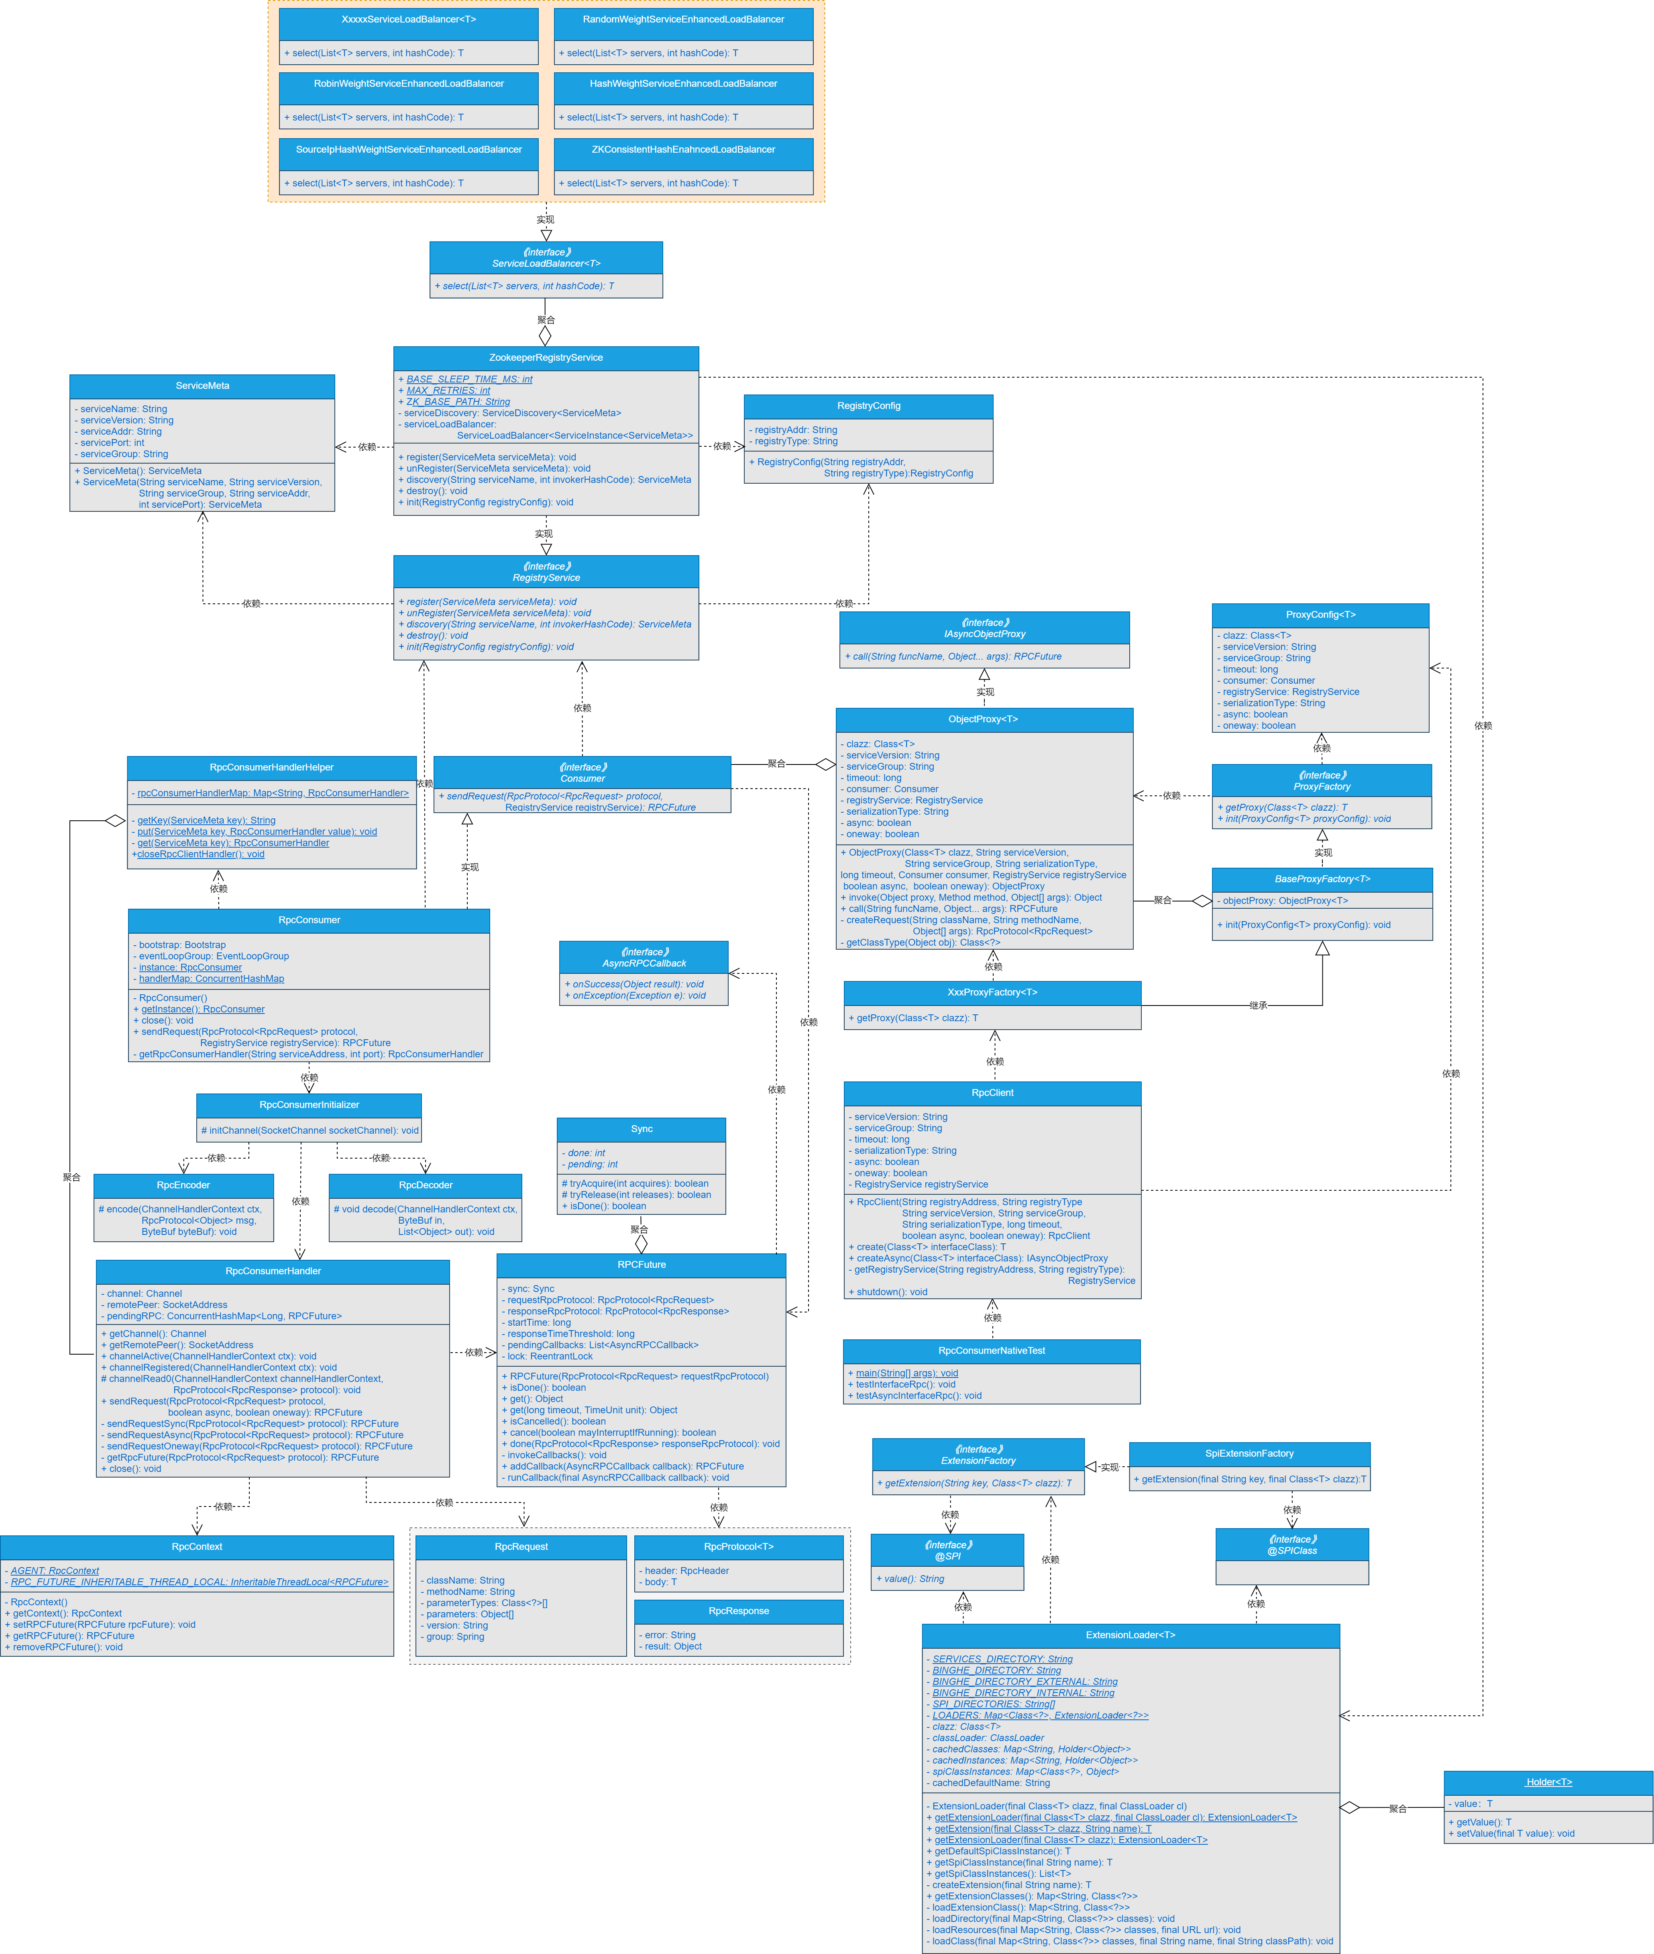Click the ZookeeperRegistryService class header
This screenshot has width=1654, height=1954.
(546, 358)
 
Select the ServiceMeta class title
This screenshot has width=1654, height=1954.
(202, 386)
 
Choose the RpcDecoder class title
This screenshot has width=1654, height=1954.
(426, 1185)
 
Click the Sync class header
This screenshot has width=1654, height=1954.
(642, 1128)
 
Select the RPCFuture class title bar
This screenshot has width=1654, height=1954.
(642, 1265)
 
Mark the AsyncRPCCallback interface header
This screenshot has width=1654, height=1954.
(644, 957)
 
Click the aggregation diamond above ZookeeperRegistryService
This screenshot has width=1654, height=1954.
(545, 335)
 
